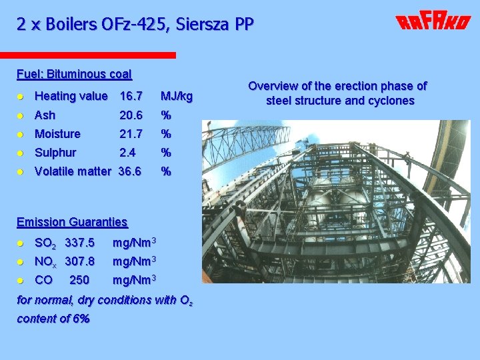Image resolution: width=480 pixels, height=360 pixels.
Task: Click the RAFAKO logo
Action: [433, 23]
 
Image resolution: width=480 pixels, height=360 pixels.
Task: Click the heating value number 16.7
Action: [131, 96]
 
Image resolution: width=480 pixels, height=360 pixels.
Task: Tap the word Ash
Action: [45, 115]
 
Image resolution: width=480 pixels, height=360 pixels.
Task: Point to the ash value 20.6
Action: [131, 115]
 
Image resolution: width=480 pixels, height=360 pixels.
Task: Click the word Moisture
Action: [57, 134]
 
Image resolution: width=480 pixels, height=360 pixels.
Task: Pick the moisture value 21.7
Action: [131, 134]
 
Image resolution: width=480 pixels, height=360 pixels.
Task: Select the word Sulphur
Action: [55, 153]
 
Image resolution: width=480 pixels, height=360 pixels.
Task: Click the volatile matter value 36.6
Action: [130, 171]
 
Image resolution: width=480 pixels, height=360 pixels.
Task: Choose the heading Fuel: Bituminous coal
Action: [74, 74]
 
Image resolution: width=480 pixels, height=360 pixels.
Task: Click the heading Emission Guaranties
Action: [72, 222]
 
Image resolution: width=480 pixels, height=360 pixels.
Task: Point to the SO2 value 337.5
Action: [79, 242]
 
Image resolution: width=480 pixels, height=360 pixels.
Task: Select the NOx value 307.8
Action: [79, 261]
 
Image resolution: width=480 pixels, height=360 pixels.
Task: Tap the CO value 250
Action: [79, 279]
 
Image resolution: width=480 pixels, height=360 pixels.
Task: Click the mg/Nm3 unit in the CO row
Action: [134, 279]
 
